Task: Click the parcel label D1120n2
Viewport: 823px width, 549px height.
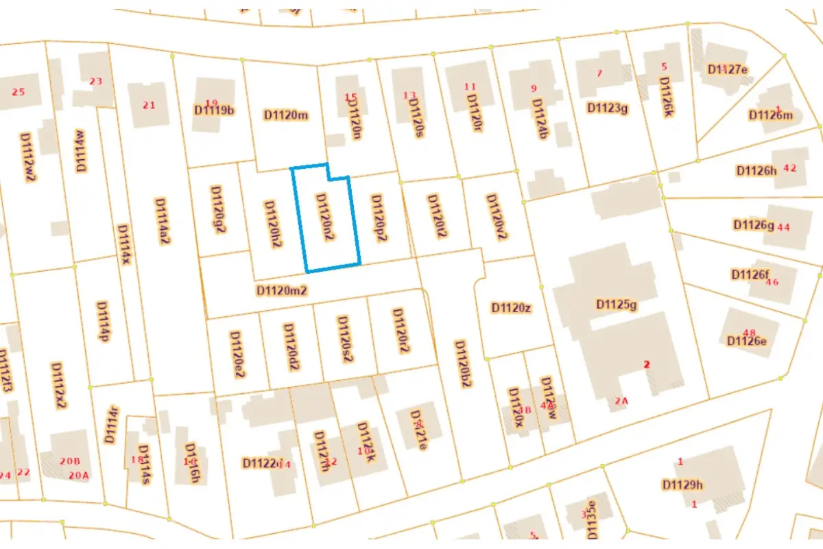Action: (x=324, y=216)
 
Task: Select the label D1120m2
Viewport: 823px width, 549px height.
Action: (x=281, y=290)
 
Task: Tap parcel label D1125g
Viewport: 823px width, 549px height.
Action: (x=617, y=304)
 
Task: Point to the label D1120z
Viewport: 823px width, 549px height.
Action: (x=511, y=307)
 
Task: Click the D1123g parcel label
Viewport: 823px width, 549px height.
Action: (x=608, y=107)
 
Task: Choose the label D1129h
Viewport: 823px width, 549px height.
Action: (x=683, y=485)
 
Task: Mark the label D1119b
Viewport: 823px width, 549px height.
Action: (x=214, y=109)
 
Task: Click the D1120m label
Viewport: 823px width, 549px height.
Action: (x=285, y=115)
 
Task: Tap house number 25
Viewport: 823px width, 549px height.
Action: (x=19, y=92)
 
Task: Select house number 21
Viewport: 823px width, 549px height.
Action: (x=149, y=105)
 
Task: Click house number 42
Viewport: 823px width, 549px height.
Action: (x=789, y=167)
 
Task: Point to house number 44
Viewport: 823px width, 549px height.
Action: (x=784, y=227)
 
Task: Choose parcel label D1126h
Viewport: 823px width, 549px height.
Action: (x=755, y=170)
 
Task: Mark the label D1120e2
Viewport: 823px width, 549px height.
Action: (x=237, y=355)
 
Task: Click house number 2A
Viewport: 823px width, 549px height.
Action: (x=621, y=401)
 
